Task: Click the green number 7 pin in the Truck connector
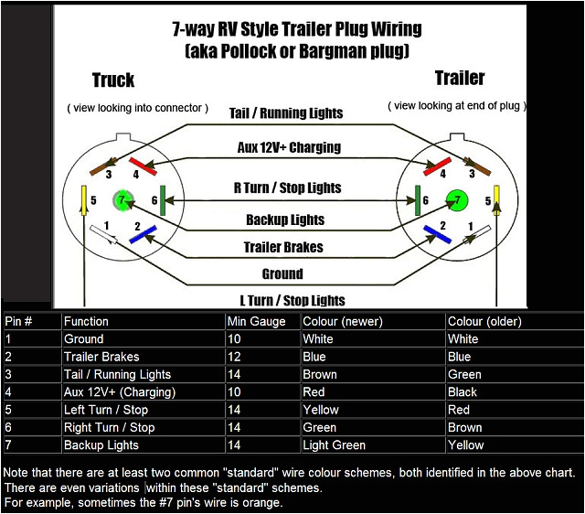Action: click(x=122, y=199)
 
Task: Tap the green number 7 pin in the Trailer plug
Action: click(x=456, y=198)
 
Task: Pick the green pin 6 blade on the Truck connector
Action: click(x=163, y=200)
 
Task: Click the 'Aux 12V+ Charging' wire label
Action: click(x=288, y=147)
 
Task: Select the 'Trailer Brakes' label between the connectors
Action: click(x=283, y=247)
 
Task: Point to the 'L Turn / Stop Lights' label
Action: click(x=292, y=300)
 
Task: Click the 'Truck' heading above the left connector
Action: click(x=113, y=80)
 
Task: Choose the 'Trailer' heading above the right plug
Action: click(x=459, y=78)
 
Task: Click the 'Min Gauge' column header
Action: click(x=256, y=321)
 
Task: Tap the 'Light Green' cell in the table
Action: click(x=334, y=445)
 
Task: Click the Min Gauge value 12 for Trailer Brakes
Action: click(x=234, y=357)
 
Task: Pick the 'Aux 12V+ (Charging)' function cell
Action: click(x=119, y=391)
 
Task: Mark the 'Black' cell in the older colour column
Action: click(x=463, y=391)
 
